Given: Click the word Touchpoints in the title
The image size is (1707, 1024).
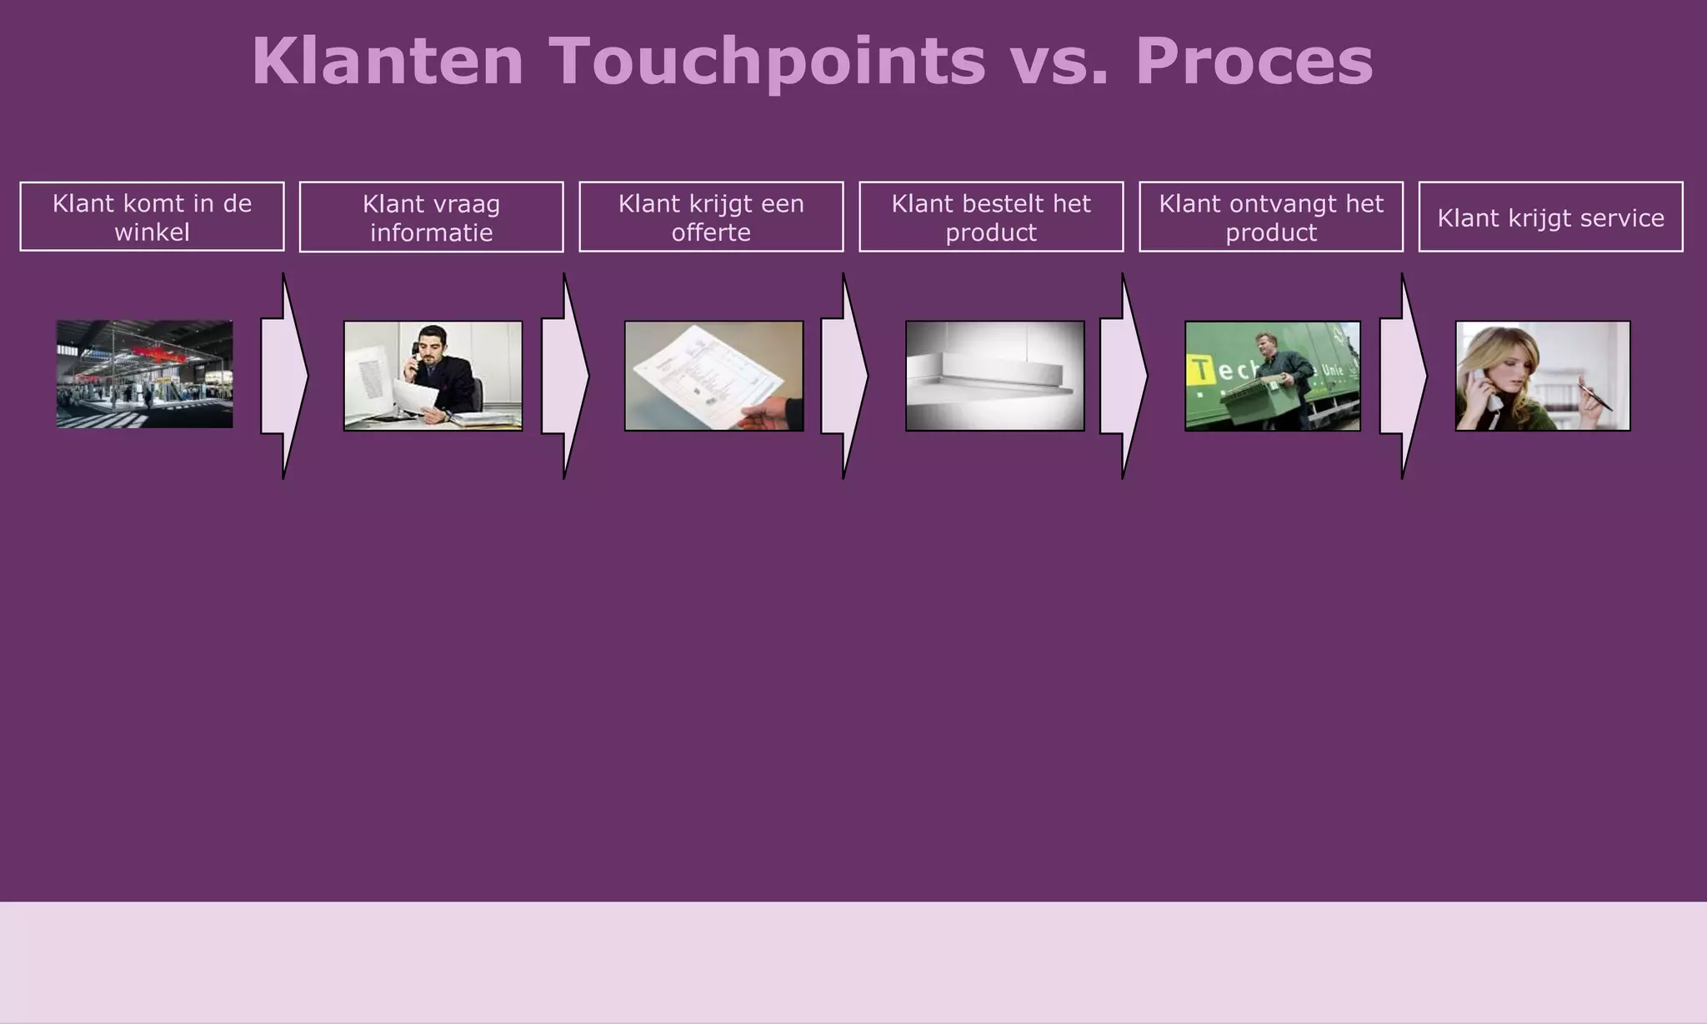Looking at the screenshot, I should point(767,62).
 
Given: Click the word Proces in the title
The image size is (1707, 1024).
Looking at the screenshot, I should point(1254,62).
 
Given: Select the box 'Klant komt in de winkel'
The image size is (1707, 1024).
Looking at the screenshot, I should point(152,217).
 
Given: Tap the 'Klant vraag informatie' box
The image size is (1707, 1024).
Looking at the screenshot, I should point(431,217).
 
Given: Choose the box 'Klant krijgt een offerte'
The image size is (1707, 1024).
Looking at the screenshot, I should point(711,217).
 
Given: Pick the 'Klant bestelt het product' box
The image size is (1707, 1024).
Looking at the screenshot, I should point(991,217).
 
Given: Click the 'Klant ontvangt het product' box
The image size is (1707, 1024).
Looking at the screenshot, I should point(1271,217).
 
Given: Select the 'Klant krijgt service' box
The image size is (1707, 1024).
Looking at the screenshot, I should point(1550,217).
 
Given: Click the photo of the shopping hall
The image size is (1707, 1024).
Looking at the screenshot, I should point(145,374).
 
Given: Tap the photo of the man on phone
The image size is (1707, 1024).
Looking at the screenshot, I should point(433,376).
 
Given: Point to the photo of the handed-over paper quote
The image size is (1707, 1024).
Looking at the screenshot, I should point(713,376).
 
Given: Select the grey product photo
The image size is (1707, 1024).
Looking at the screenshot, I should point(994,376).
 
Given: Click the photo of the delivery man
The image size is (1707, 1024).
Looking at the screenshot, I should point(1272,376).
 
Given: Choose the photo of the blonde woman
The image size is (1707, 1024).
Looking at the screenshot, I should point(1542,376).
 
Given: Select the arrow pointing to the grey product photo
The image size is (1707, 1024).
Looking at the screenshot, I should point(843,376).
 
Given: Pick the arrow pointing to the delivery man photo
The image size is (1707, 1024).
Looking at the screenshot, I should point(1123,376).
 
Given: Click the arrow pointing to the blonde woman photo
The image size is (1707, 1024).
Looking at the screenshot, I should point(1402,376).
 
